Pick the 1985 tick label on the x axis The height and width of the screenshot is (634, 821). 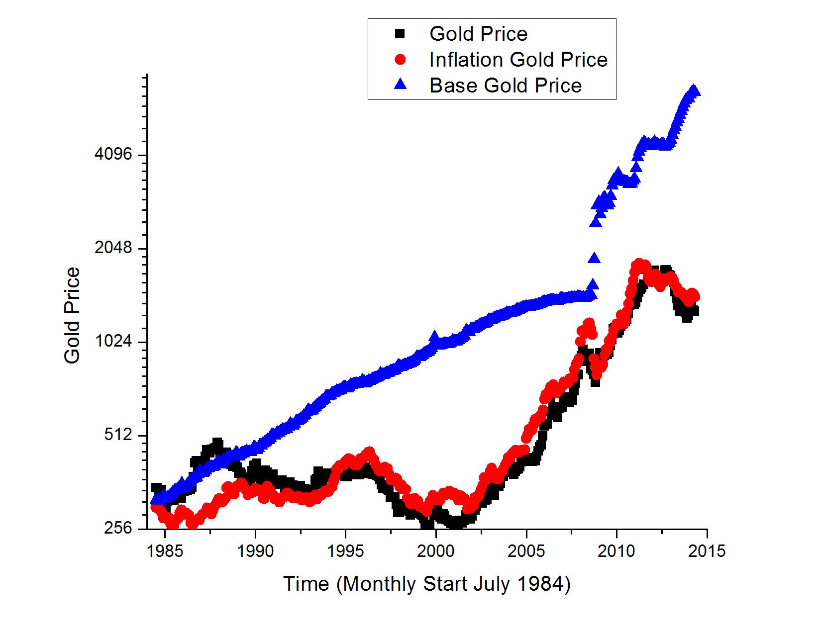point(165,551)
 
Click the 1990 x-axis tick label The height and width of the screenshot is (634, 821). point(255,551)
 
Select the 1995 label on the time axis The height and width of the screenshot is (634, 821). point(346,551)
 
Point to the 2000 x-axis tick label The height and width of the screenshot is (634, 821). point(436,551)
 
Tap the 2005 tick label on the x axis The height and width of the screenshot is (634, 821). point(526,551)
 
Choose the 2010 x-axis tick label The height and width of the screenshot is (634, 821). point(617,551)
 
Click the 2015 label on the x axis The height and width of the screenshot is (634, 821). point(707,551)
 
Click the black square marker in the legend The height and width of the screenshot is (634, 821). point(400,34)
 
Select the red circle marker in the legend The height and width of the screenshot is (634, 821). point(400,60)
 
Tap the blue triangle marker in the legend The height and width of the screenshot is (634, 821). point(400,85)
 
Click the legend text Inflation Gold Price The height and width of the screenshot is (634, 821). point(518,60)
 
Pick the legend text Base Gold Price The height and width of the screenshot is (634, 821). point(505,86)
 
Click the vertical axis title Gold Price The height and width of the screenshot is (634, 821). point(73,315)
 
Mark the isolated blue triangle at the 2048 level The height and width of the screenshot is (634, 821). point(594,258)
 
